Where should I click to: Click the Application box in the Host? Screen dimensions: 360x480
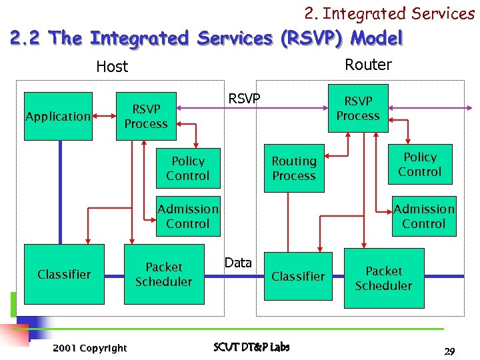[58, 116]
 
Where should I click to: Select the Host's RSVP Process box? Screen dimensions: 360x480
[146, 116]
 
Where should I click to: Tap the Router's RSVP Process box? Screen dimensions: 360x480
[357, 109]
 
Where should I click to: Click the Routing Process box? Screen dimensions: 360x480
[294, 169]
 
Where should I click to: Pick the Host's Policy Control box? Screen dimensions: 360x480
[187, 169]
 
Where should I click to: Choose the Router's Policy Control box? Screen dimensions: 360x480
[419, 165]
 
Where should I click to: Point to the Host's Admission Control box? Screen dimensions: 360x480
[187, 216]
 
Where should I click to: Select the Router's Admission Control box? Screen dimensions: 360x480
[423, 216]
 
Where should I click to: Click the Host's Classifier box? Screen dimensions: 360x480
[64, 274]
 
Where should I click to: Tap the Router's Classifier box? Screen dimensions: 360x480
[298, 276]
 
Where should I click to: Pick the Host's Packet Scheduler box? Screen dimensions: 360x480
[163, 274]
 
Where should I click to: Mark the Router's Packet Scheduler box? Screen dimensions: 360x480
[383, 278]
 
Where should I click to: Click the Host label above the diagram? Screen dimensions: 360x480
[112, 67]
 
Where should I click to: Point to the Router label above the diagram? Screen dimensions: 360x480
[368, 65]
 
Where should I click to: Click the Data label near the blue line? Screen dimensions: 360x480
[238, 263]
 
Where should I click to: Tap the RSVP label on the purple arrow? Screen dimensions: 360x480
[244, 99]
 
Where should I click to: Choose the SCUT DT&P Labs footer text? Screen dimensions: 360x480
[251, 347]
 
